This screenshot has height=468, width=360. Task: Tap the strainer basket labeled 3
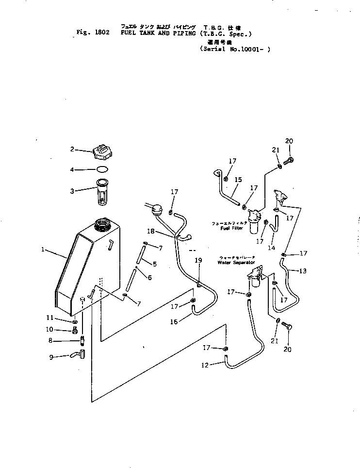102,191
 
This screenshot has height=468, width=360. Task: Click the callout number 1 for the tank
43,250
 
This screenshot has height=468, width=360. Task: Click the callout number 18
150,232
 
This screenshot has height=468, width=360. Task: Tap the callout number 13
302,271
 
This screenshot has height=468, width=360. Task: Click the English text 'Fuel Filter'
231,228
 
